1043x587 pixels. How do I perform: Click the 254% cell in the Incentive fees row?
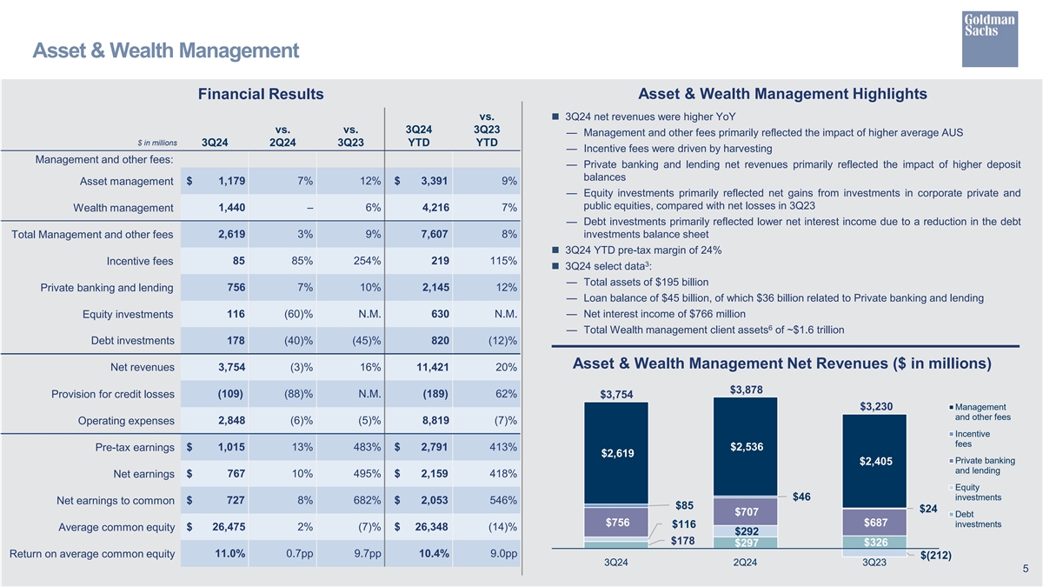[367, 261]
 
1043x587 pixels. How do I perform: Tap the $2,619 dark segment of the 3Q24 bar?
[617, 453]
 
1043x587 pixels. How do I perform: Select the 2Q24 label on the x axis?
[745, 564]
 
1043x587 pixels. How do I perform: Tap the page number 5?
[1026, 570]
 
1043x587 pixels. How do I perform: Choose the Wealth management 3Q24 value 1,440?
[231, 207]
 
